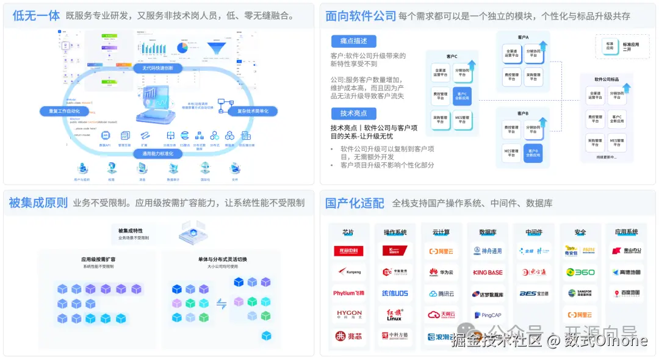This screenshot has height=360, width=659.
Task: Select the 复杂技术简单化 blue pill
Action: click(248, 111)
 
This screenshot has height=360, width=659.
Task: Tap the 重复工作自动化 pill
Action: click(60, 111)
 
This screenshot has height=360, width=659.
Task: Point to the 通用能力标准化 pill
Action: click(158, 154)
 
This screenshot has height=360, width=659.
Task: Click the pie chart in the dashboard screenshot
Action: click(182, 47)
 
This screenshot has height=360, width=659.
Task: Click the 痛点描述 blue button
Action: click(354, 41)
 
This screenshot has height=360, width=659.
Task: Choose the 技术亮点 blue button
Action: click(354, 113)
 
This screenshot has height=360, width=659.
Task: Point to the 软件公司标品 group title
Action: click(607, 79)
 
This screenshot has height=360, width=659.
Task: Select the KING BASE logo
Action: click(488, 272)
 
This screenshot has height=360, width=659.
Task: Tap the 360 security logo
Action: click(580, 272)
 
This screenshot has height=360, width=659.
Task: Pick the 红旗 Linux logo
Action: click(395, 314)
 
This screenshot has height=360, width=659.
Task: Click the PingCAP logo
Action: click(488, 315)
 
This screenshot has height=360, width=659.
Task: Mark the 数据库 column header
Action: click(488, 232)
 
